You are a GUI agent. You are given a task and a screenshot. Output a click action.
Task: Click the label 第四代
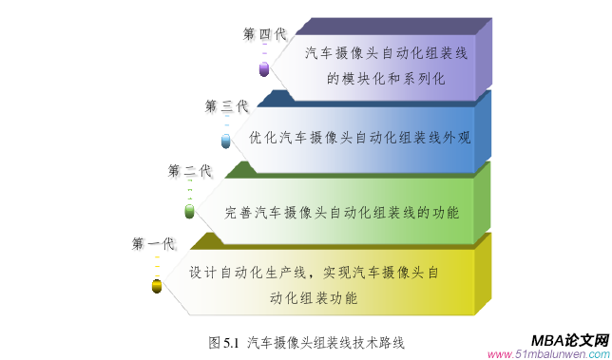tap(264, 34)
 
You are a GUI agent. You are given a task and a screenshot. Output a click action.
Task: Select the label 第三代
tap(226, 105)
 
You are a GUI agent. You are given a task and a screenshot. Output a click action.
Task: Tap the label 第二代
tap(189, 171)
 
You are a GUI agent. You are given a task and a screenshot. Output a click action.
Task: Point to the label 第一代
tap(153, 244)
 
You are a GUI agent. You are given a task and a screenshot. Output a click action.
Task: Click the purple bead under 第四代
tap(264, 68)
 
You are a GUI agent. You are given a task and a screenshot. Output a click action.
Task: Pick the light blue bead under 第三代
tap(226, 142)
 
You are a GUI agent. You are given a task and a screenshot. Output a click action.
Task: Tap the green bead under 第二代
tap(189, 210)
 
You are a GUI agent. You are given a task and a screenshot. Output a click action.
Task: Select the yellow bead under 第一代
tap(156, 285)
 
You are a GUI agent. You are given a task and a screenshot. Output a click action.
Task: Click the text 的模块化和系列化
tap(386, 79)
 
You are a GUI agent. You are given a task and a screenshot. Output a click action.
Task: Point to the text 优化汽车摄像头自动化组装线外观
tap(359, 137)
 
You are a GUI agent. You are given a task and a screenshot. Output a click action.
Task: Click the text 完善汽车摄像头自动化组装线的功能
tap(341, 211)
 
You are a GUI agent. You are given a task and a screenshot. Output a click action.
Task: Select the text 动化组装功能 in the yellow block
tap(314, 298)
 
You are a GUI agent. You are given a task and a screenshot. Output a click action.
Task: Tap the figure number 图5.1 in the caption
tap(223, 340)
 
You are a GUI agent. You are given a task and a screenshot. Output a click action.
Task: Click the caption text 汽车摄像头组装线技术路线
tap(326, 340)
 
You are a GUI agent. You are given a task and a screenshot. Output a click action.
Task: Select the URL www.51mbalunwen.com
tap(547, 354)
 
